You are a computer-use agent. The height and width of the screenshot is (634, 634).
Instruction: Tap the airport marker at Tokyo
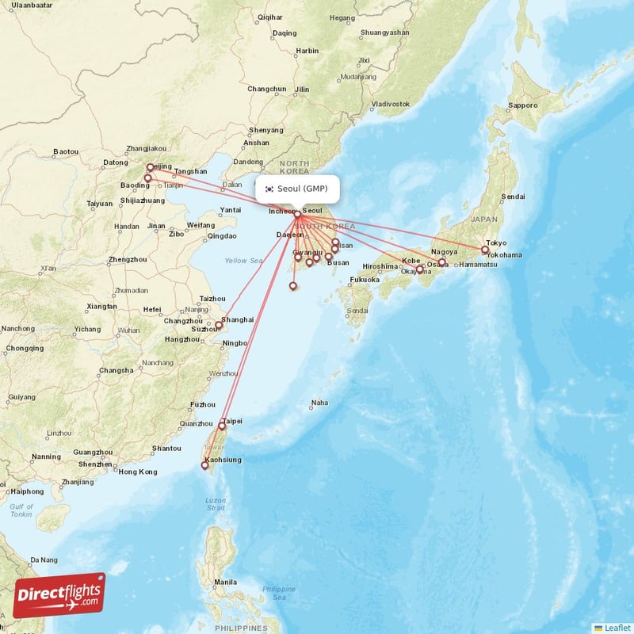tap(485, 250)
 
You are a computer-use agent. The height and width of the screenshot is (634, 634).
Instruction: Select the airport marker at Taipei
tap(222, 426)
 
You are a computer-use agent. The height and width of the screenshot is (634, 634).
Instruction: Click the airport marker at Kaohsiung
tap(208, 467)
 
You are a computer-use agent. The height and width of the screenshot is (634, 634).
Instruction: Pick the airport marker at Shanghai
tap(219, 326)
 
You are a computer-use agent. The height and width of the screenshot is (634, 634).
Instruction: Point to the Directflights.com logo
tap(59, 594)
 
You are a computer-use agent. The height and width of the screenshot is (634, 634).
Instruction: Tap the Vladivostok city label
tap(391, 104)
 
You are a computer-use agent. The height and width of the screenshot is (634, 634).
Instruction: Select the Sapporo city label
tap(522, 105)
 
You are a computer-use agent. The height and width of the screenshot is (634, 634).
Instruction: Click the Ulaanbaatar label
tap(32, 5)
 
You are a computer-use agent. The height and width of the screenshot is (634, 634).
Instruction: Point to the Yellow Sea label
tap(243, 261)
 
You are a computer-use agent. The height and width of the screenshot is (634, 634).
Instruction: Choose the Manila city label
tap(224, 582)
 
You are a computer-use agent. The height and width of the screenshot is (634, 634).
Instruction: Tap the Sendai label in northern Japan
tap(513, 196)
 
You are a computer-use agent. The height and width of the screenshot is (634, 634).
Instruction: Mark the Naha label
tap(319, 403)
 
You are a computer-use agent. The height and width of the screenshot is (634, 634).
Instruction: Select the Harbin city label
tap(307, 51)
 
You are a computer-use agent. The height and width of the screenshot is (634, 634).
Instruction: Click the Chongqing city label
tap(24, 348)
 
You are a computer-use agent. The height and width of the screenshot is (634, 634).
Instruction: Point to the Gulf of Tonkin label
tap(21, 510)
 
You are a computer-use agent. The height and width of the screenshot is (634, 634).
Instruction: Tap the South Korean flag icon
tap(269, 189)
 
